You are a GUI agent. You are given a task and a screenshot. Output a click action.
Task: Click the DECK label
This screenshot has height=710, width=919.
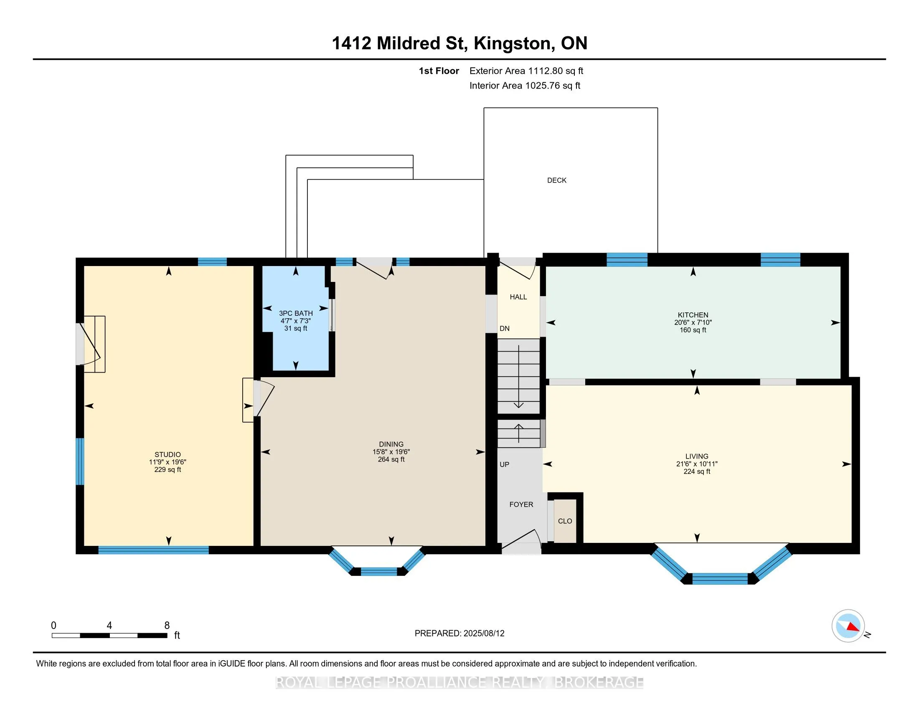(x=557, y=180)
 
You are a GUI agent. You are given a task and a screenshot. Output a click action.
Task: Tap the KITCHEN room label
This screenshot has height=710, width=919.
(x=693, y=315)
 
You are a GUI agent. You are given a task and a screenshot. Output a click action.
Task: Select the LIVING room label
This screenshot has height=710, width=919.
(x=697, y=456)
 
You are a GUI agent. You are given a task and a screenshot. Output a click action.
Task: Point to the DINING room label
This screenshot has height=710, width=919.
(x=391, y=444)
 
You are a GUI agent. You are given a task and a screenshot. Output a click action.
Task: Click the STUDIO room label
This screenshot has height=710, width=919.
(x=168, y=455)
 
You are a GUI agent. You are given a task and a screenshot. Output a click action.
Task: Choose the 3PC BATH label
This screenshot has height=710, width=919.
(x=296, y=313)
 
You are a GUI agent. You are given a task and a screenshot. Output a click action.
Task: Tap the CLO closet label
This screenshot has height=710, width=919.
(x=565, y=521)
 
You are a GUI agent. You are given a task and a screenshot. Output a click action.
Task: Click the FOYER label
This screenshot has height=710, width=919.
(x=521, y=505)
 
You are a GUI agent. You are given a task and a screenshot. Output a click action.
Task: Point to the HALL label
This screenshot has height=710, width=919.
(x=518, y=297)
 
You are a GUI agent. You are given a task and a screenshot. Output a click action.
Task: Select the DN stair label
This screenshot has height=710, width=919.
(x=505, y=329)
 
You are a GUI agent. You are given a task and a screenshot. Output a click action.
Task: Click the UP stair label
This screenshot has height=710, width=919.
(x=505, y=464)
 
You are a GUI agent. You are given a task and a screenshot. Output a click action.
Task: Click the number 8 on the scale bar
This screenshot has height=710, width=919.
(x=167, y=626)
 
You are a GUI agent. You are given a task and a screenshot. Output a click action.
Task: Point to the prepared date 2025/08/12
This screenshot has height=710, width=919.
(x=483, y=634)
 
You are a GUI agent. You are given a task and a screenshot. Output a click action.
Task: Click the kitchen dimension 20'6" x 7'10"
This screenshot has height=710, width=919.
(x=693, y=322)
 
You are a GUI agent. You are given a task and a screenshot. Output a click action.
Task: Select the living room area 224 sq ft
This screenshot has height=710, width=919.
(x=697, y=472)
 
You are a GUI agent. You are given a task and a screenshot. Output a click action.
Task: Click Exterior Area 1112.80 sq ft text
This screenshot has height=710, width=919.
(x=526, y=71)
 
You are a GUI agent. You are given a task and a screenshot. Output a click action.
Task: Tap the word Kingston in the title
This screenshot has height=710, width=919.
(x=513, y=44)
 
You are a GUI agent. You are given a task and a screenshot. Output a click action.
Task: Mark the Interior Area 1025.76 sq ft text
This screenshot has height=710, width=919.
(x=525, y=86)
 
